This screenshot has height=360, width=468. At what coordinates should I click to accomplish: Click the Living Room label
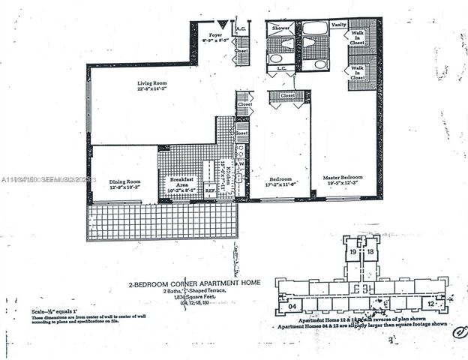(156, 83)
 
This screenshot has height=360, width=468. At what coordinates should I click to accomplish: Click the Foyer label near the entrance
(216, 34)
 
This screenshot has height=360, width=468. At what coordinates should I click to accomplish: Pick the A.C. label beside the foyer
(240, 29)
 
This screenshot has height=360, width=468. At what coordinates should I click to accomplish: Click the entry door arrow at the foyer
(221, 25)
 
